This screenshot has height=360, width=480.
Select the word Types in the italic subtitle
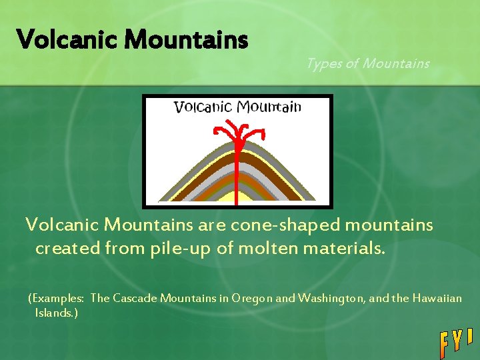pos(323,63)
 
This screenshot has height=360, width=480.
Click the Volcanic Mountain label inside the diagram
pos(237,107)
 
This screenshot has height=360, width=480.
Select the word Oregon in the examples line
pos(252,299)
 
